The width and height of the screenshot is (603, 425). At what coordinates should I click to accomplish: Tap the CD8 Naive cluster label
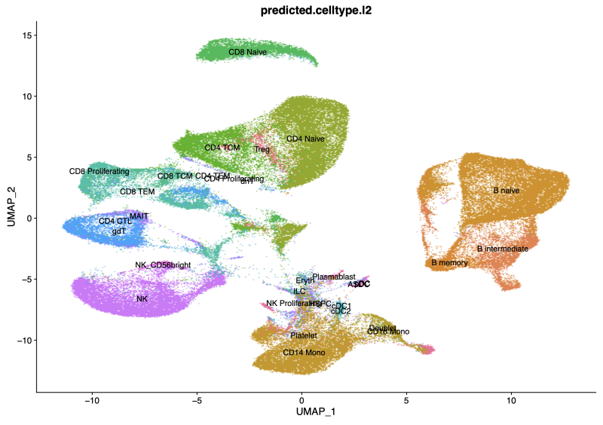coord(248,53)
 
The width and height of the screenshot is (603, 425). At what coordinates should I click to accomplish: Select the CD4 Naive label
coord(305,139)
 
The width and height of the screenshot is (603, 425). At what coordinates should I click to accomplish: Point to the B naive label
coord(507,191)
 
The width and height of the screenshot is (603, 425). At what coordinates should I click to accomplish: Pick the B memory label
coord(450,263)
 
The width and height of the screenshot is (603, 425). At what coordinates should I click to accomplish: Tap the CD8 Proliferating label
coord(99,172)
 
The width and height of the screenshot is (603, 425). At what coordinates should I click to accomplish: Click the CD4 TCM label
coord(222,148)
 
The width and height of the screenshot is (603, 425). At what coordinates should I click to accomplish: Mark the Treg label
coord(262,149)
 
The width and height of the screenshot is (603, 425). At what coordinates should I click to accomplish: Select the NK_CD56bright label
coord(163,265)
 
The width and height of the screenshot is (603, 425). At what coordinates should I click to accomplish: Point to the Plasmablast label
coord(334,277)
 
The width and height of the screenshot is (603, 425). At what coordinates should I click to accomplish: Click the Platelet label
coord(304,335)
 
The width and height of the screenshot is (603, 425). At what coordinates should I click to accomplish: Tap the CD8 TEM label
coord(137,191)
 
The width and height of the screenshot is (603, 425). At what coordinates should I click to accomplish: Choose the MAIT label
coord(139,216)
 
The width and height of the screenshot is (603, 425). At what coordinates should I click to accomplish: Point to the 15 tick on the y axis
coord(25,35)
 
